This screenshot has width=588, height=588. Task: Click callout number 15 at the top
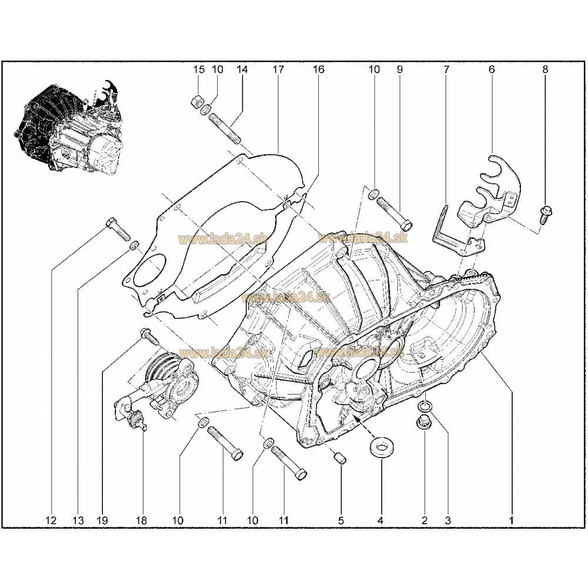199,69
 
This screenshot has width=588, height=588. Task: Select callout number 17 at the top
278,69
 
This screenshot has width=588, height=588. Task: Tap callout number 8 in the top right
545,69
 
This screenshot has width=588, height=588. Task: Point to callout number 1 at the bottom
511,520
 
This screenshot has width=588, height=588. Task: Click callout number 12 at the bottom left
51,520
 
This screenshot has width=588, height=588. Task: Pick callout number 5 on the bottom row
340,520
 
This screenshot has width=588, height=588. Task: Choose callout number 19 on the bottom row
102,520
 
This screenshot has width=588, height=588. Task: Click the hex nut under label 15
197,101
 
